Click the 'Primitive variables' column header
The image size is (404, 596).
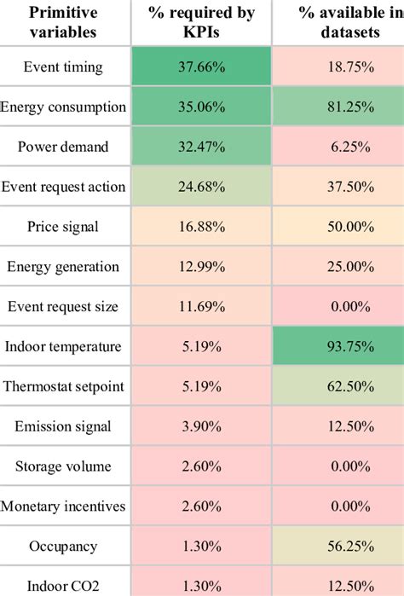[63, 23]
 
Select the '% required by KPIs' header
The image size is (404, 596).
[202, 23]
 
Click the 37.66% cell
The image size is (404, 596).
[202, 67]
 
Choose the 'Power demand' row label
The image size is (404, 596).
[63, 147]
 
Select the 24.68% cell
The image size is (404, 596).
[202, 187]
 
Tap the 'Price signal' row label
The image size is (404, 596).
[63, 227]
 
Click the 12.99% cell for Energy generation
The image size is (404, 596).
[202, 267]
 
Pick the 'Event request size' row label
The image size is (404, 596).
[63, 306]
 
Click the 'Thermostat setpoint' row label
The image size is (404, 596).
[63, 386]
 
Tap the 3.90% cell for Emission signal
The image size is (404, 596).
[202, 426]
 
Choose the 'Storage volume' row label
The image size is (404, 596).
[63, 466]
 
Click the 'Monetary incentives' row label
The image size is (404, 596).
[63, 506]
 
